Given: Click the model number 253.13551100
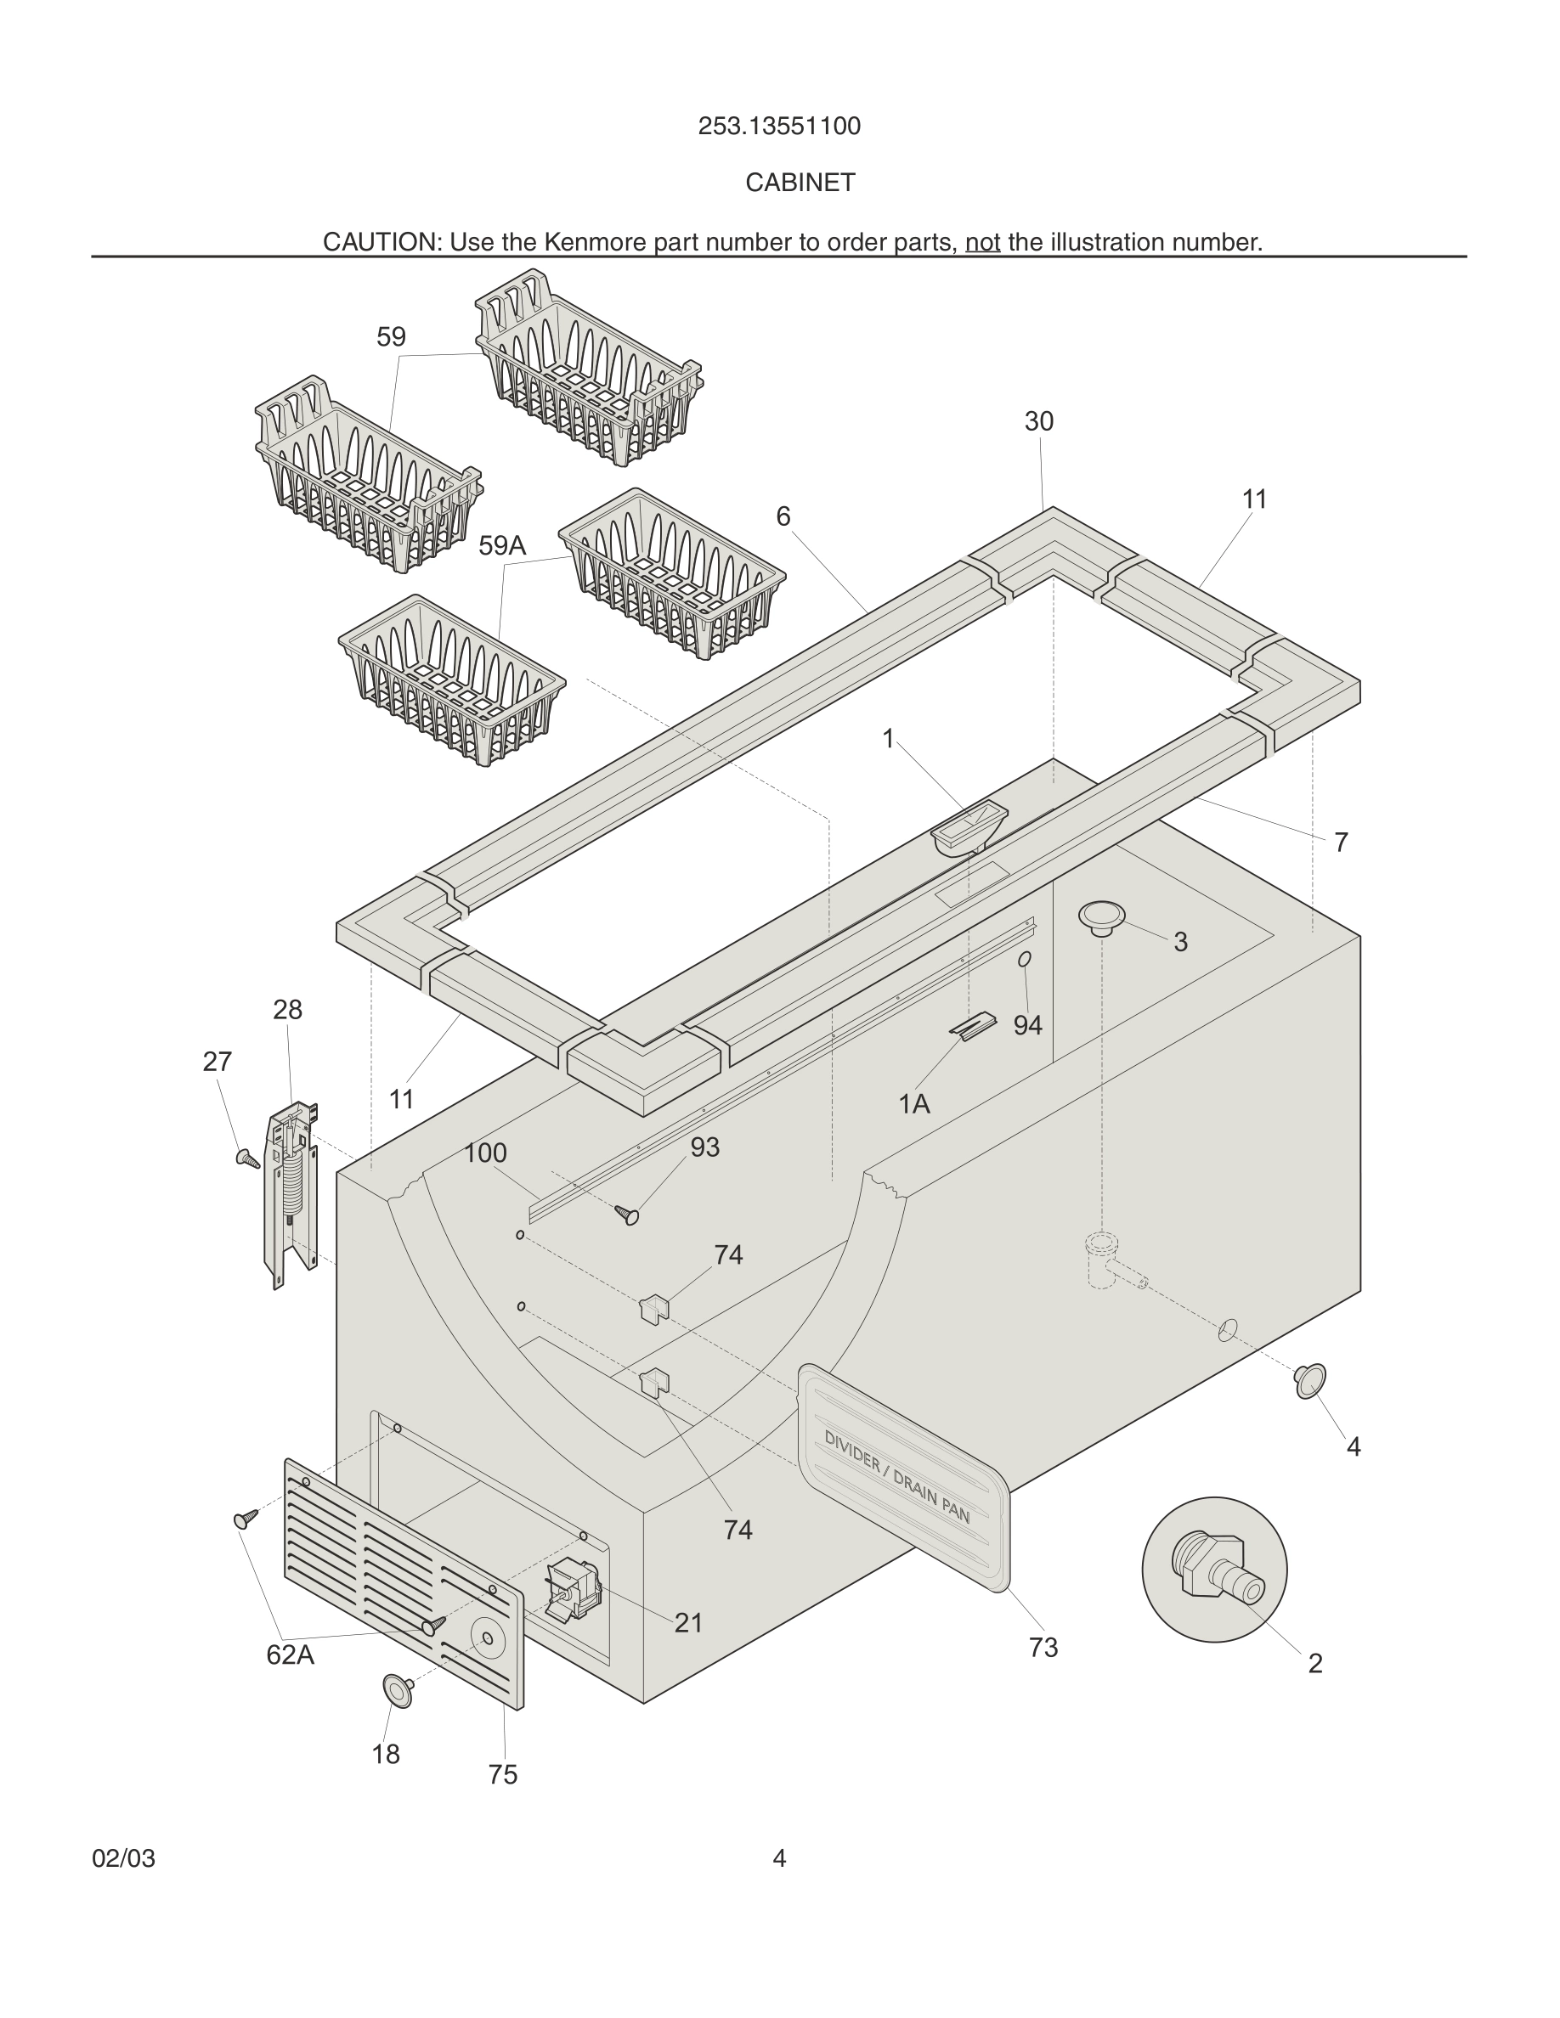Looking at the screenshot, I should pyautogui.click(x=779, y=127).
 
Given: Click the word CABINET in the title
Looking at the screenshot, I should pyautogui.click(x=800, y=183).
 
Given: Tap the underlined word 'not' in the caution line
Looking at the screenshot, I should pyautogui.click(x=982, y=243).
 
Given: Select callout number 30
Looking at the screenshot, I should pyautogui.click(x=1039, y=421).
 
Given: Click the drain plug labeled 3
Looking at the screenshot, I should pyautogui.click(x=1102, y=916).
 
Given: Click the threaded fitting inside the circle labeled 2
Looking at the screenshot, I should pyautogui.click(x=1213, y=1570).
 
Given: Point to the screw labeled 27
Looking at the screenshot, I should pyautogui.click(x=247, y=1158).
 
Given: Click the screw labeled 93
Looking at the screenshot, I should pyautogui.click(x=628, y=1215).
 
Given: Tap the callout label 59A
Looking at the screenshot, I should pyautogui.click(x=502, y=546).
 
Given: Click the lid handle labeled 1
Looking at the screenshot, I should pyautogui.click(x=968, y=826).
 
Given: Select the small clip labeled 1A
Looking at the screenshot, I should pyautogui.click(x=973, y=1026).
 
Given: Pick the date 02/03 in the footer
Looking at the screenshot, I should pyautogui.click(x=124, y=1858).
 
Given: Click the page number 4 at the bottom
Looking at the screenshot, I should pyautogui.click(x=779, y=1858).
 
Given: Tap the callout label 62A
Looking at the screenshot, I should pyautogui.click(x=291, y=1654).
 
